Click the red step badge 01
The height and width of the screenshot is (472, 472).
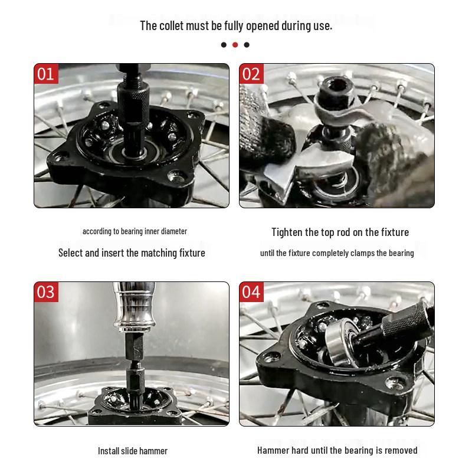(x=46, y=74)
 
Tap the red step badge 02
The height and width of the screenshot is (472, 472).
(x=251, y=74)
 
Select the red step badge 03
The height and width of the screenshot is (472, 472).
(x=46, y=292)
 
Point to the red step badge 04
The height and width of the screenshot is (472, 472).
(x=251, y=292)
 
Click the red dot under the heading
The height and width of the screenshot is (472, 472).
(x=235, y=45)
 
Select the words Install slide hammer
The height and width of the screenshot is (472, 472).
(x=133, y=451)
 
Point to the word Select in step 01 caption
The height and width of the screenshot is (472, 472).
(x=70, y=253)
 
